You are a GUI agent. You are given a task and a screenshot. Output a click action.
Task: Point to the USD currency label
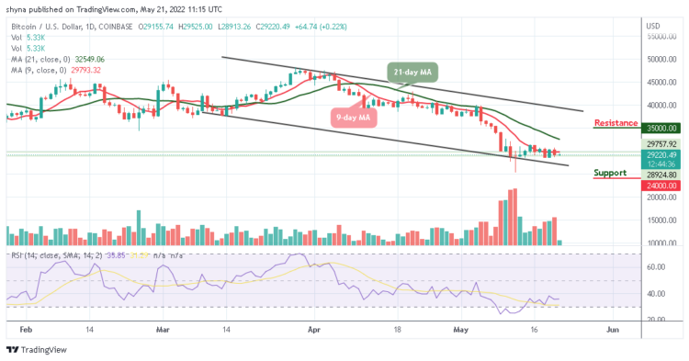pos(654,25)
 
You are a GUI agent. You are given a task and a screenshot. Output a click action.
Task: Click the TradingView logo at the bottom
pos(33,350)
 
